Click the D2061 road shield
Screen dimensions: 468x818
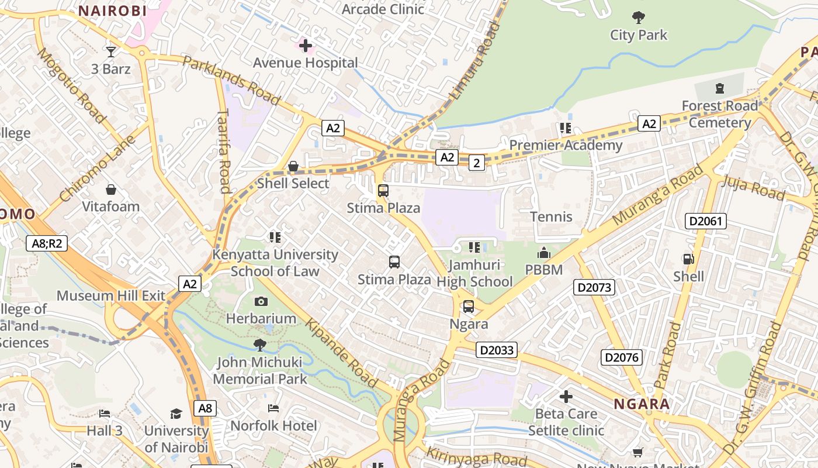pyautogui.click(x=706, y=221)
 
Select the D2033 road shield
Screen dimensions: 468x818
pyautogui.click(x=497, y=350)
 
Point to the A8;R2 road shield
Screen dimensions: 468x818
pyautogui.click(x=47, y=243)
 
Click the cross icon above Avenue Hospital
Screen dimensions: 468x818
pyautogui.click(x=305, y=45)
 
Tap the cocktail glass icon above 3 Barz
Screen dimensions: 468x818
pyautogui.click(x=110, y=52)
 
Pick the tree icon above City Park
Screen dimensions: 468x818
pyautogui.click(x=639, y=18)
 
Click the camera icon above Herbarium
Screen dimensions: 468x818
pyautogui.click(x=261, y=301)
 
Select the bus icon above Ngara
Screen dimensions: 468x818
pyautogui.click(x=469, y=307)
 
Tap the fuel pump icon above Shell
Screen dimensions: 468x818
pyautogui.click(x=689, y=259)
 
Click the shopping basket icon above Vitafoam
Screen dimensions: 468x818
pyautogui.click(x=110, y=190)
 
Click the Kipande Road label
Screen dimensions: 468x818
pyautogui.click(x=342, y=353)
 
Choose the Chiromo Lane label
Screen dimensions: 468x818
pyautogui.click(x=98, y=168)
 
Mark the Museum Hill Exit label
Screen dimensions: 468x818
pyautogui.click(x=111, y=295)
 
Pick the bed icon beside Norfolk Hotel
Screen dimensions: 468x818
pyautogui.click(x=273, y=408)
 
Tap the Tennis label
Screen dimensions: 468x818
pyautogui.click(x=551, y=216)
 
